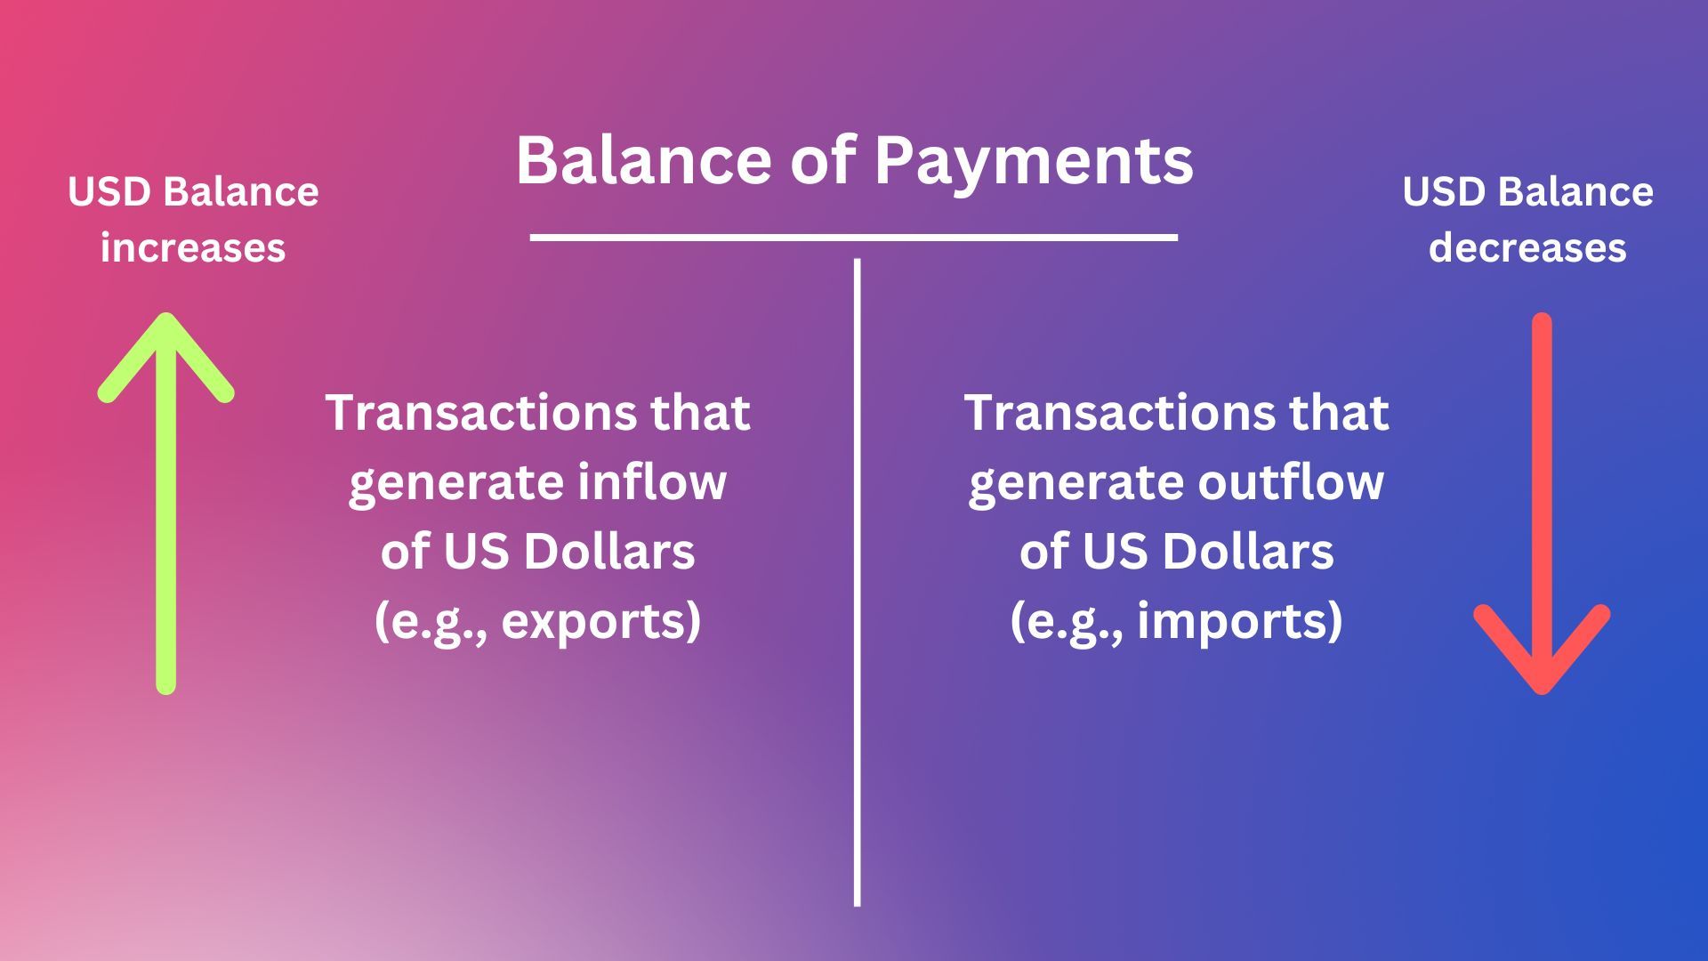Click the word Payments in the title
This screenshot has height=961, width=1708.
pyautogui.click(x=1033, y=162)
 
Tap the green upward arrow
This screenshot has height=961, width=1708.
pyautogui.click(x=165, y=503)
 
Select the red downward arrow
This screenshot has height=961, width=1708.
pyautogui.click(x=1542, y=503)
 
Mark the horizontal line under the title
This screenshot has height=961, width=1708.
pyautogui.click(x=854, y=238)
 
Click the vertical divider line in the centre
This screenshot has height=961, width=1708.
pyautogui.click(x=857, y=583)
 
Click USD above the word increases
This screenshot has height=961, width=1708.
pyautogui.click(x=112, y=192)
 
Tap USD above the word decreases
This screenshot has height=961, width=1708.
pyautogui.click(x=1446, y=192)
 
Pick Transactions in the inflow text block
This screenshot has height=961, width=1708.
pyautogui.click(x=480, y=413)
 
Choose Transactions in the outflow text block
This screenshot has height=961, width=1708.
pyautogui.click(x=1119, y=413)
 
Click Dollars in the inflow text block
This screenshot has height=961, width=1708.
pyautogui.click(x=609, y=552)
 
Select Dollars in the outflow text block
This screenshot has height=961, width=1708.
pyautogui.click(x=1248, y=552)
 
